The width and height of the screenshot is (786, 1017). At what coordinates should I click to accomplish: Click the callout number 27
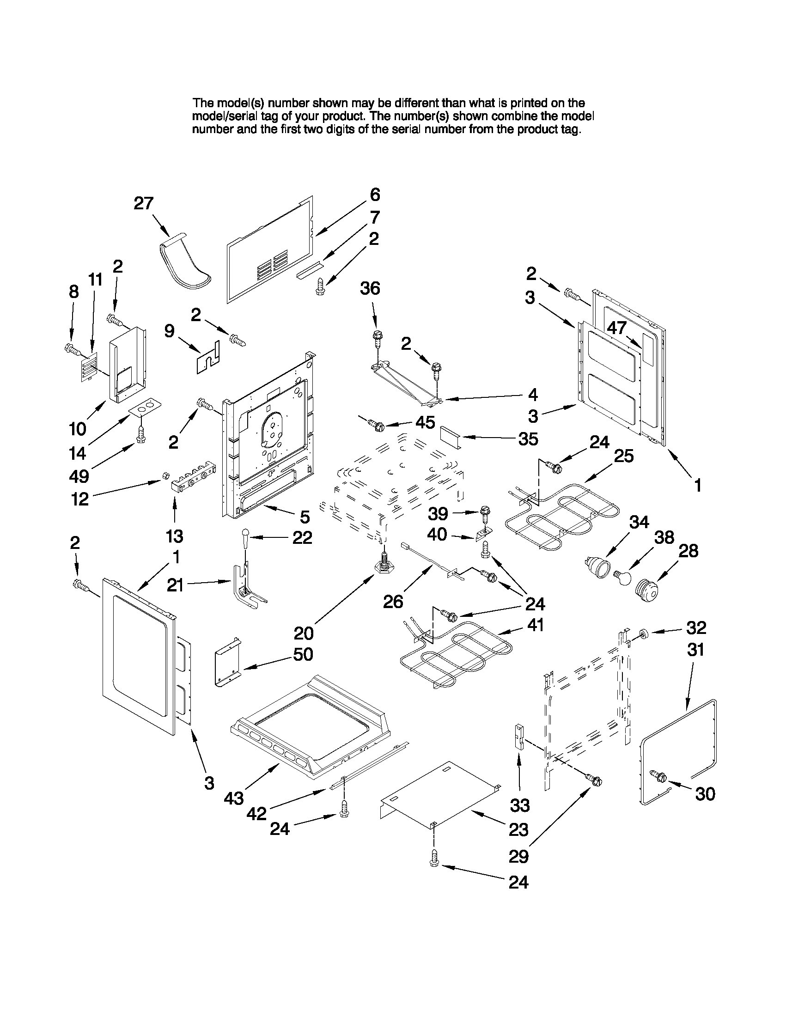[x=143, y=203]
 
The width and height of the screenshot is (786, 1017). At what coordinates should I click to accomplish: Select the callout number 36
[x=370, y=288]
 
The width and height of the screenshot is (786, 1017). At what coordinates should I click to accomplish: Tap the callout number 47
[x=616, y=328]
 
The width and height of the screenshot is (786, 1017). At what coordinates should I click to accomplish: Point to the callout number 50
[x=303, y=654]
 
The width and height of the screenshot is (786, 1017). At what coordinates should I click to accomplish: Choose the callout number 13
[x=175, y=536]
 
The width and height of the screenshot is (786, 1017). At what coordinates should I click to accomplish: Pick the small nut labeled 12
[x=165, y=475]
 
